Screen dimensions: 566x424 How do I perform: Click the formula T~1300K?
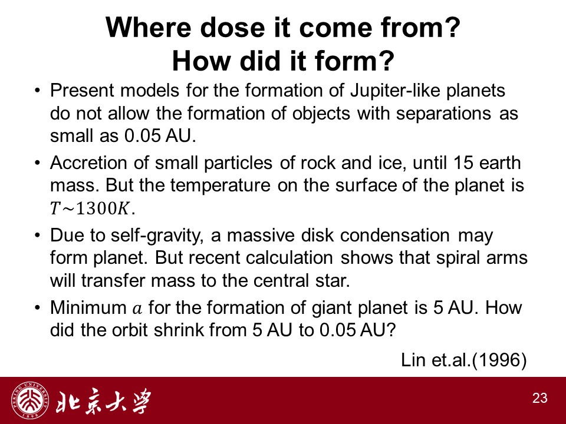coord(93,208)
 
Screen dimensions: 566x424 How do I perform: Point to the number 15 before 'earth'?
coord(463,163)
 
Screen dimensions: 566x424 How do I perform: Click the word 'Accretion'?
coord(88,163)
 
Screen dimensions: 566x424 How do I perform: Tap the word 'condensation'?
coord(395,236)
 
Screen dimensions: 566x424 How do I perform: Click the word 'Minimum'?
coord(88,308)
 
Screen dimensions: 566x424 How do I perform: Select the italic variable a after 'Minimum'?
coord(137,309)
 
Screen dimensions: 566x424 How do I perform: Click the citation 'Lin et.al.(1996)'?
coord(464,360)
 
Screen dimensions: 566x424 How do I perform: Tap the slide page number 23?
coord(539,398)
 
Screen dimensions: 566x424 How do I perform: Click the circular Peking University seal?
coord(30,400)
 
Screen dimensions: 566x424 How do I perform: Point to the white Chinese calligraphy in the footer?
coord(103,401)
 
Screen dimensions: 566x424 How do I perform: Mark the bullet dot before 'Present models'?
coord(37,90)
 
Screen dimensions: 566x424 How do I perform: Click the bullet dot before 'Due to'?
coord(37,236)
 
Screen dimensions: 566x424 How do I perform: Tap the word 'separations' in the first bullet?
coord(443,114)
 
